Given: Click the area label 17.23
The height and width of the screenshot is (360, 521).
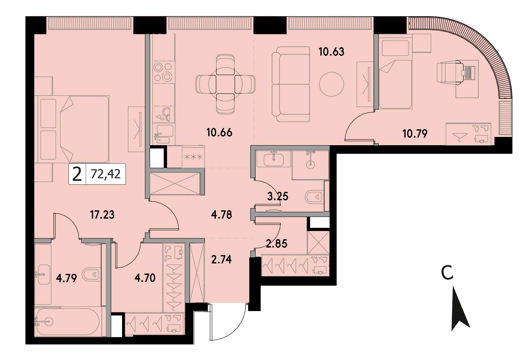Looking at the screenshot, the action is click(102, 215).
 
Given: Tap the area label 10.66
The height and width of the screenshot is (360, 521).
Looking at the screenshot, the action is click(219, 133).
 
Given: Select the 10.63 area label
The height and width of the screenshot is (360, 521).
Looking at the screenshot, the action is click(331, 51).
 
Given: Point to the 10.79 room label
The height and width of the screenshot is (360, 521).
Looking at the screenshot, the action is click(415, 134).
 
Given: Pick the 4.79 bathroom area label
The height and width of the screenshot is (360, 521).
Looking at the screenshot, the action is click(66, 278).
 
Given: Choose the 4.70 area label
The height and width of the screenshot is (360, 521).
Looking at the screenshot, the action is click(145, 278).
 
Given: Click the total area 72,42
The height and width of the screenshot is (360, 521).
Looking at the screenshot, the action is click(106, 174).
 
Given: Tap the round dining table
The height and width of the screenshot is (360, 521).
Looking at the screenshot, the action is click(225, 84).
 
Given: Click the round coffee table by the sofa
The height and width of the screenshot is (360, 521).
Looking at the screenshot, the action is click(332, 84).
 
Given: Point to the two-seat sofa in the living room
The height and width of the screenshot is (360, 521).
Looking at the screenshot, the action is click(291, 84).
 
